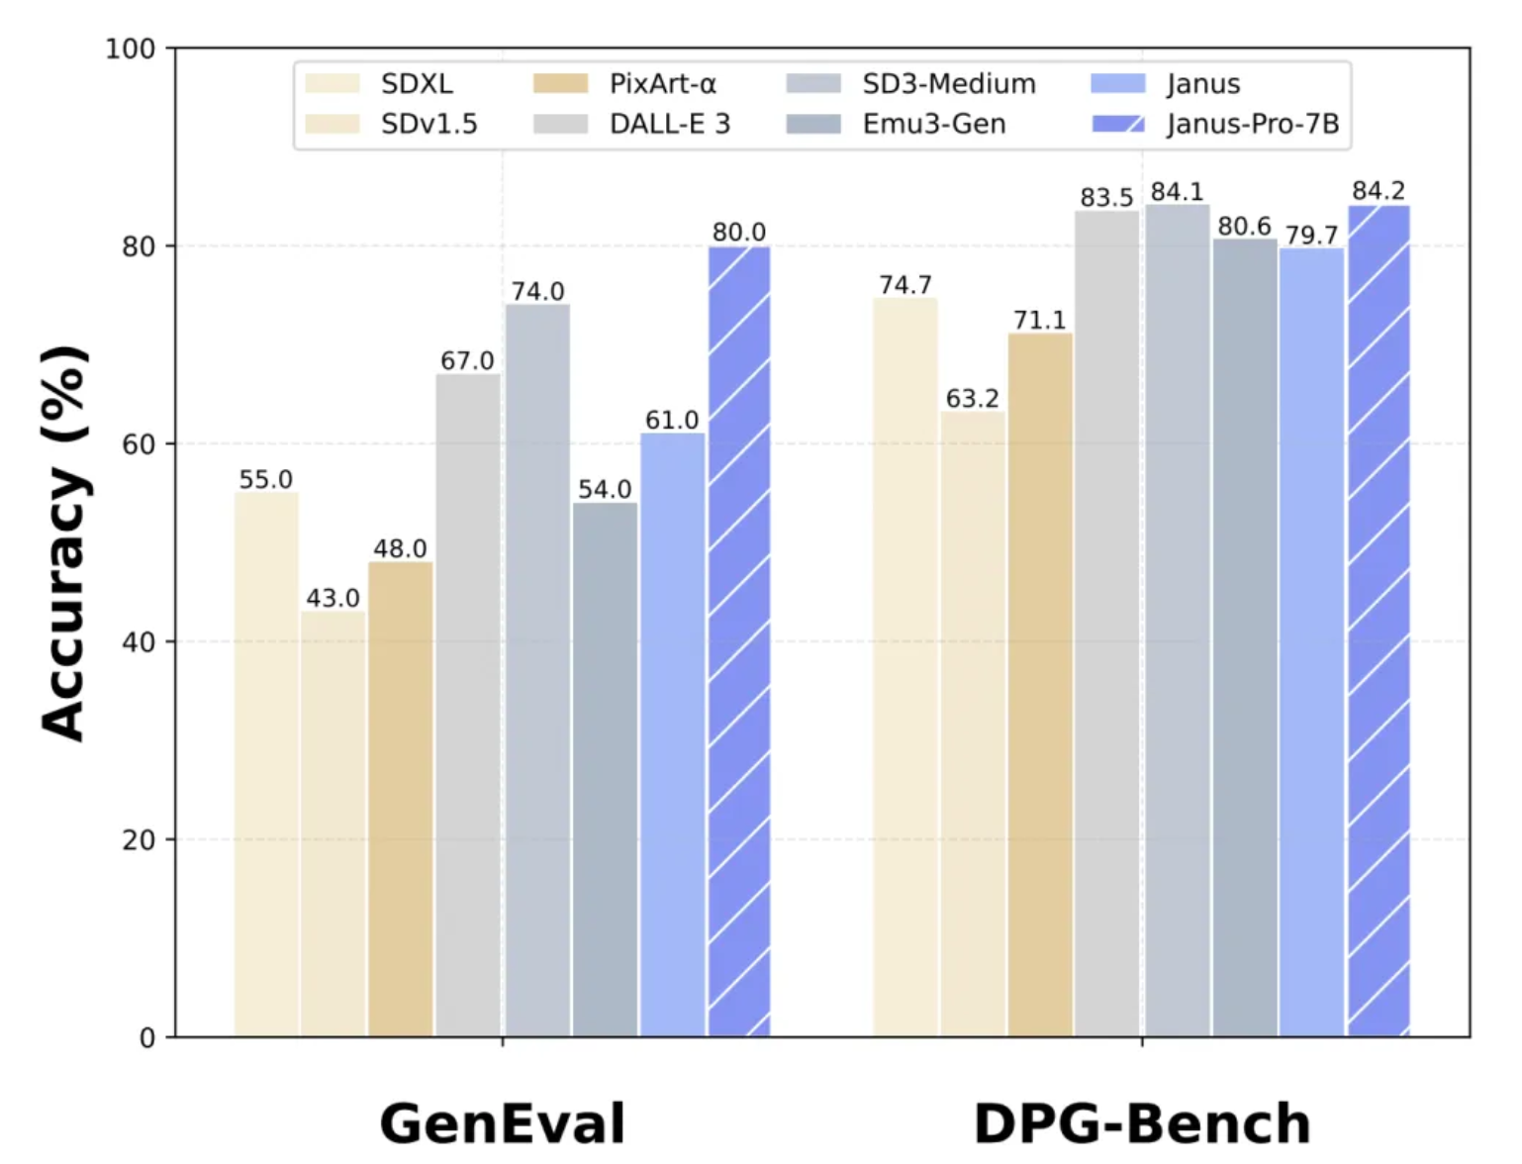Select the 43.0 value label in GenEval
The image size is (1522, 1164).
pos(333,598)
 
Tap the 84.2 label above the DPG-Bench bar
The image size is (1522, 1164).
pos(1379,190)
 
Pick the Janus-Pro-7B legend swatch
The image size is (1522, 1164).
pos(1118,124)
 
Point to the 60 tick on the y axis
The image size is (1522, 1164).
pos(139,444)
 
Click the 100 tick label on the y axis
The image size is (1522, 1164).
pos(131,48)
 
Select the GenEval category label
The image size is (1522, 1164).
pos(503,1123)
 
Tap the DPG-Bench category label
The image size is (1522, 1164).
pos(1142,1123)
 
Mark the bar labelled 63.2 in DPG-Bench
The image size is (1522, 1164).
pos(973,724)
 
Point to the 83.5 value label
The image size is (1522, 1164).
pos(1106,197)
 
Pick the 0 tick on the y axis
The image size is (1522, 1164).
pos(147,1038)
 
